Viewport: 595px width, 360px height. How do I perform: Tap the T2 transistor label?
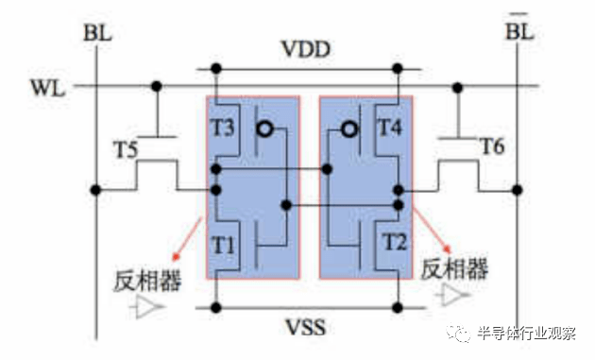tap(396, 243)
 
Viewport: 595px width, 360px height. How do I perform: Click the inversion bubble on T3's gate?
tap(268, 129)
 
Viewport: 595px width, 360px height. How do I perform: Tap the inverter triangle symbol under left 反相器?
tap(148, 306)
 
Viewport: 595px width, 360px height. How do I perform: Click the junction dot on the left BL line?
tap(96, 190)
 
